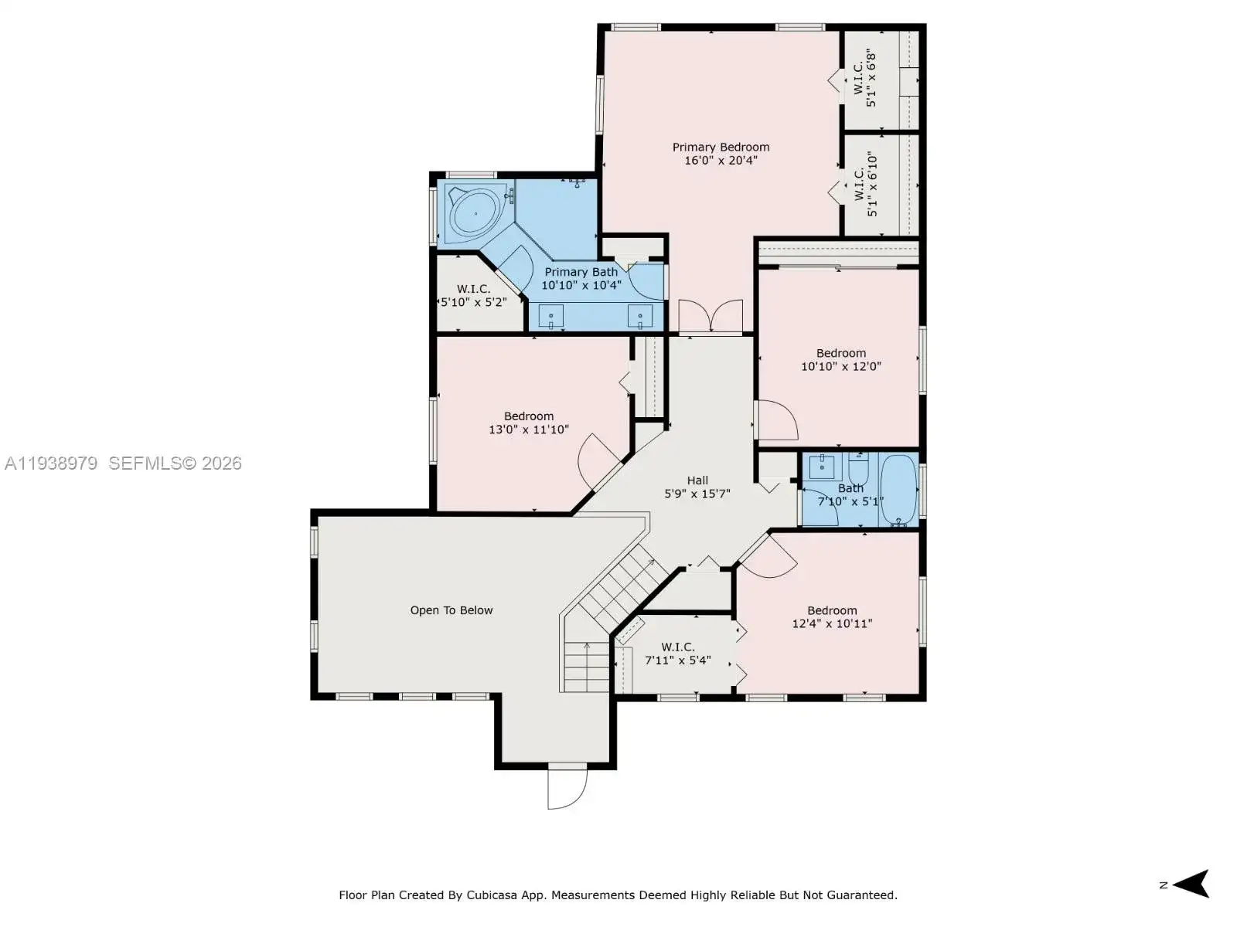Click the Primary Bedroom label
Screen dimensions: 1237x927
point(721,147)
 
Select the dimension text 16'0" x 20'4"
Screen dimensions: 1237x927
point(721,161)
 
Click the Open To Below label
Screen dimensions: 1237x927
point(451,610)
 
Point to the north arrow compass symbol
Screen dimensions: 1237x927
point(1192,885)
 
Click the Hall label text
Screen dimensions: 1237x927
point(697,480)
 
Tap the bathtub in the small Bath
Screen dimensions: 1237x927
point(898,490)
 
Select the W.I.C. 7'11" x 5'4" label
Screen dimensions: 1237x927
point(677,654)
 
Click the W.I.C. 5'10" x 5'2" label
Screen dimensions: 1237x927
point(473,296)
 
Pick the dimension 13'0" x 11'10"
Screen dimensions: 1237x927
point(529,430)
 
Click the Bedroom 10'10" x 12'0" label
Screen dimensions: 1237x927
point(841,360)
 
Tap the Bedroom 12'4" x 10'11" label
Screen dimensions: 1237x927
point(832,617)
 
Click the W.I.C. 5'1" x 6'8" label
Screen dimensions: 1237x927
point(864,78)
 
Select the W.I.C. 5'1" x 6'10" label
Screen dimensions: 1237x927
point(865,184)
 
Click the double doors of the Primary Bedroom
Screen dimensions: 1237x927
point(710,316)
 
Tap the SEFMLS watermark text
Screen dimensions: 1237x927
point(175,463)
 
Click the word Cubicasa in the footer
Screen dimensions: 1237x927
point(492,895)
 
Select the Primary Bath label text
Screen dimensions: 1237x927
point(581,272)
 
